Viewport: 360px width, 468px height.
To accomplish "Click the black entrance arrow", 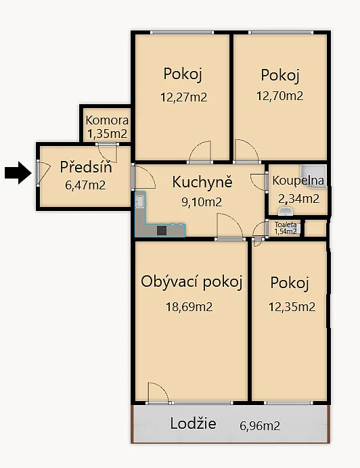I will pyautogui.click(x=18, y=174).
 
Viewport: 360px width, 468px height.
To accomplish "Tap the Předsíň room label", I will pyautogui.click(x=85, y=166).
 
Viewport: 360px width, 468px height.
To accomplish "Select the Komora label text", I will pyautogui.click(x=107, y=120).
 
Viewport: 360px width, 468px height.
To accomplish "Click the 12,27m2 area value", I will pyautogui.click(x=183, y=97).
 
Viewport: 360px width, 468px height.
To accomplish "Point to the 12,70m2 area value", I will pyautogui.click(x=279, y=96).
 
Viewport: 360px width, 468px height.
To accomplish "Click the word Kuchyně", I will pyautogui.click(x=202, y=182).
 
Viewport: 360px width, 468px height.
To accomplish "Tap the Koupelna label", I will pyautogui.click(x=298, y=181).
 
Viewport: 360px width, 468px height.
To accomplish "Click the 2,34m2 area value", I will pyautogui.click(x=298, y=198).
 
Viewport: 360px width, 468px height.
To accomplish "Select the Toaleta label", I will pyautogui.click(x=285, y=225).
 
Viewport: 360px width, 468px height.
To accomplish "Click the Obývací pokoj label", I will pyautogui.click(x=192, y=281).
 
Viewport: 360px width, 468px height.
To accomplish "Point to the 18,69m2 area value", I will pyautogui.click(x=189, y=306).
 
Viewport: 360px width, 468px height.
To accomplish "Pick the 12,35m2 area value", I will pyautogui.click(x=292, y=307).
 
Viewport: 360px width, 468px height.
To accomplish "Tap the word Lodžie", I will pyautogui.click(x=194, y=424).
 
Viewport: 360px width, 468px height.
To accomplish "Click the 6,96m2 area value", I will pyautogui.click(x=260, y=426).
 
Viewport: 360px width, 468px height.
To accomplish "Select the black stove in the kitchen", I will pyautogui.click(x=162, y=230).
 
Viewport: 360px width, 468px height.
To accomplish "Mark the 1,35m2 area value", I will pyautogui.click(x=106, y=133).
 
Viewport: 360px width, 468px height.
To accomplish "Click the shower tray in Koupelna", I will pyautogui.click(x=314, y=170).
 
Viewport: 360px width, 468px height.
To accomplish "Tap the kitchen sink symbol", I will pyautogui.click(x=140, y=202).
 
